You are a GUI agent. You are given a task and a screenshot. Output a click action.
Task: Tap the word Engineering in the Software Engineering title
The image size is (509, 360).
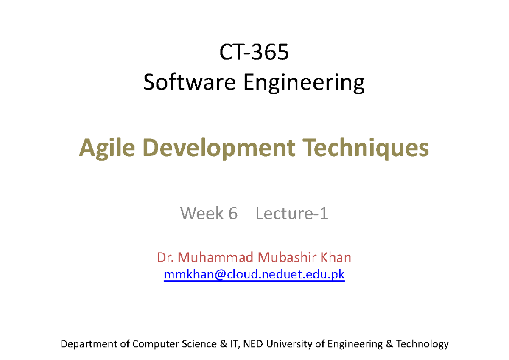(x=304, y=83)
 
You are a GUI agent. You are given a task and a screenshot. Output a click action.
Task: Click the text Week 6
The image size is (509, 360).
(x=209, y=214)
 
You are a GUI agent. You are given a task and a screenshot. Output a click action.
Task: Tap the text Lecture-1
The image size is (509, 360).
(x=292, y=214)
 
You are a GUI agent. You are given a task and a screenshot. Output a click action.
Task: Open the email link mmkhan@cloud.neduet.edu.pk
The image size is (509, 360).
(x=254, y=275)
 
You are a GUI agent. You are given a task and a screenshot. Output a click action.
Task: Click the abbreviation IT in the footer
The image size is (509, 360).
(x=235, y=344)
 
